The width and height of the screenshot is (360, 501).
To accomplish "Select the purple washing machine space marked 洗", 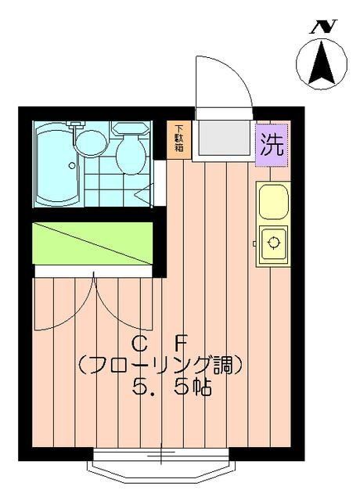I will (x=272, y=145).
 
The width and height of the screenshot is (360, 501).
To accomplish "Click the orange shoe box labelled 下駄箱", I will (x=179, y=139).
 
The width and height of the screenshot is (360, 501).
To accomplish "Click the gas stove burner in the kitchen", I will (x=273, y=243).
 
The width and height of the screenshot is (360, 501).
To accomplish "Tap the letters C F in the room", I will (x=160, y=343).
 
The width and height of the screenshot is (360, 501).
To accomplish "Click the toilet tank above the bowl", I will (x=126, y=127).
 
